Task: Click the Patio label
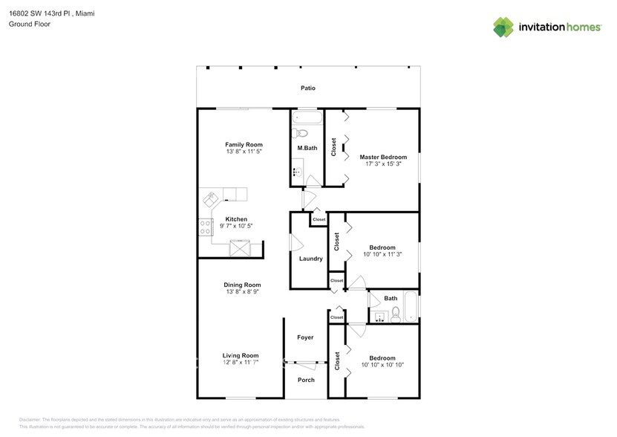click(x=307, y=88)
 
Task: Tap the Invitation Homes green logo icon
click(x=503, y=27)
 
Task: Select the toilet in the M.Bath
click(x=299, y=133)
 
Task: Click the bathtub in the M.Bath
click(x=306, y=117)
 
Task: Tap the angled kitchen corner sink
click(x=212, y=199)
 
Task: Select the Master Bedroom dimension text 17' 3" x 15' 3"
click(x=383, y=164)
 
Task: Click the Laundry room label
click(x=310, y=259)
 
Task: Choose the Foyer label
click(x=305, y=337)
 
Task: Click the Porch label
click(x=305, y=380)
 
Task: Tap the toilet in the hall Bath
click(x=396, y=316)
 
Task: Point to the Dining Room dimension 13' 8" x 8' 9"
click(x=243, y=292)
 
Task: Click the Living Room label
click(x=241, y=355)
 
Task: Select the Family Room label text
click(x=244, y=144)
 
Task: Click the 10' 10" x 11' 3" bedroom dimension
click(x=382, y=254)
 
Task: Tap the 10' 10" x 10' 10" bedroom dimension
click(x=382, y=365)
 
